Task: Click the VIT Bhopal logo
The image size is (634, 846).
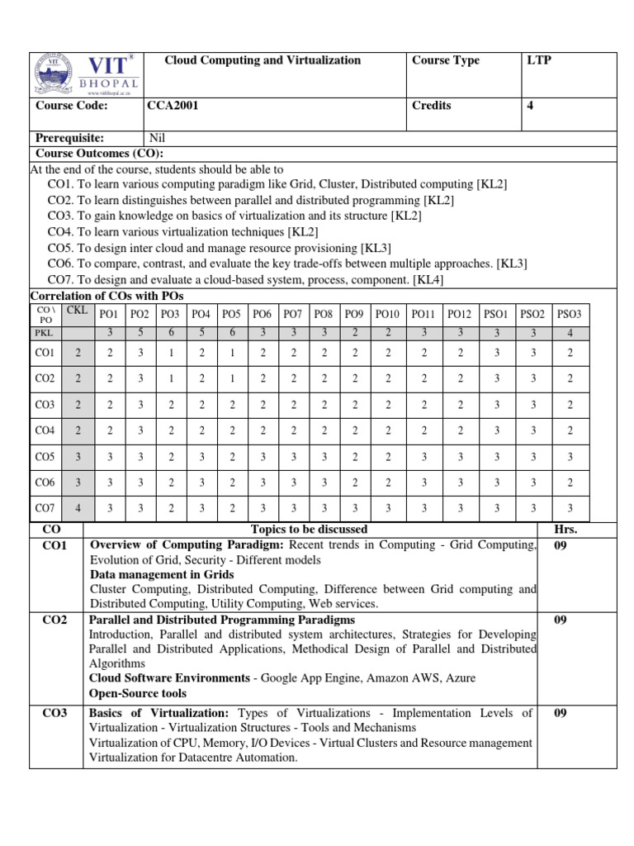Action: [85, 75]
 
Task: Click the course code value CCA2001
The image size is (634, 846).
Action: [173, 106]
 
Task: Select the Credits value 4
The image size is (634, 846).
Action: [530, 106]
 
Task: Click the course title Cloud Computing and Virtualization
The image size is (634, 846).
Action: [263, 60]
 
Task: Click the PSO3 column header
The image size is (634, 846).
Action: [569, 314]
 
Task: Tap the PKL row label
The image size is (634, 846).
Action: [42, 333]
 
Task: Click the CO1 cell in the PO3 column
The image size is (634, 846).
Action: [170, 353]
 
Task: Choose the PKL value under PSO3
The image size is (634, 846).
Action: [569, 333]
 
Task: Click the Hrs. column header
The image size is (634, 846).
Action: [566, 529]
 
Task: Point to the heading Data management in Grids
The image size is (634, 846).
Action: [161, 574]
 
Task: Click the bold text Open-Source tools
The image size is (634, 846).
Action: [137, 693]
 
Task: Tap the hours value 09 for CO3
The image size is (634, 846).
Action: [561, 713]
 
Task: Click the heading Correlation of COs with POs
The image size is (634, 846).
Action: [107, 296]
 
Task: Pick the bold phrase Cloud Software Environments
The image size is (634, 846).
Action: [169, 678]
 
